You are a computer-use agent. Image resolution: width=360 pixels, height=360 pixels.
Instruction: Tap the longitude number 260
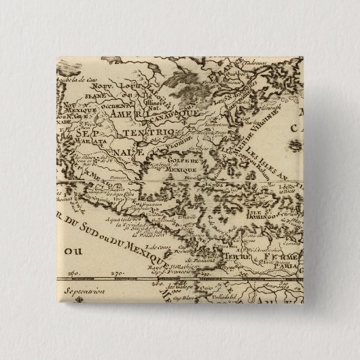[x=73, y=274]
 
